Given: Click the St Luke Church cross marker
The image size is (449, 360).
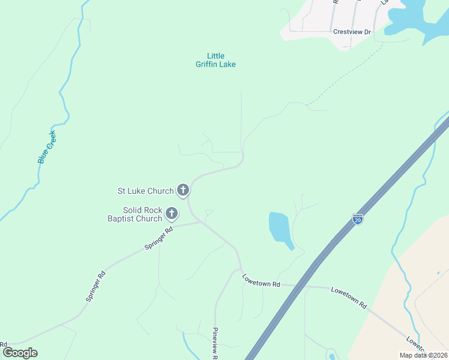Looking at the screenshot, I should pyautogui.click(x=183, y=190).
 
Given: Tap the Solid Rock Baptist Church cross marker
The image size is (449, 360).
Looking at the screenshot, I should pyautogui.click(x=172, y=213).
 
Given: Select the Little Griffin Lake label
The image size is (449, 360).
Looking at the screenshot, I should pyautogui.click(x=215, y=60).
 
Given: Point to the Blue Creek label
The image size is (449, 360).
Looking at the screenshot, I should pyautogui.click(x=46, y=147).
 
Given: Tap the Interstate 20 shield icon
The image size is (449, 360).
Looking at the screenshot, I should pyautogui.click(x=358, y=219).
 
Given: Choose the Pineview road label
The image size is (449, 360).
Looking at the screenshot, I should pyautogui.click(x=214, y=343).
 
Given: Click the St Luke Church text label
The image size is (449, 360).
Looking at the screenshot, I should pyautogui.click(x=145, y=191).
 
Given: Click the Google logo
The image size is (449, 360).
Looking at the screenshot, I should pyautogui.click(x=20, y=353).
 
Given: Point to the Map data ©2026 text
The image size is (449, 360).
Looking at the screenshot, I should pyautogui.click(x=424, y=355).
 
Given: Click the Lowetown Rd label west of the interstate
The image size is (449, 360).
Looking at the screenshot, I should pyautogui.click(x=261, y=280).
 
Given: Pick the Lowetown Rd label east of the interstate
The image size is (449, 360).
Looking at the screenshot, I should pyautogui.click(x=349, y=297).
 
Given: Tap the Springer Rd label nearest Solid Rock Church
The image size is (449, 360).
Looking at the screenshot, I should pyautogui.click(x=158, y=238).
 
